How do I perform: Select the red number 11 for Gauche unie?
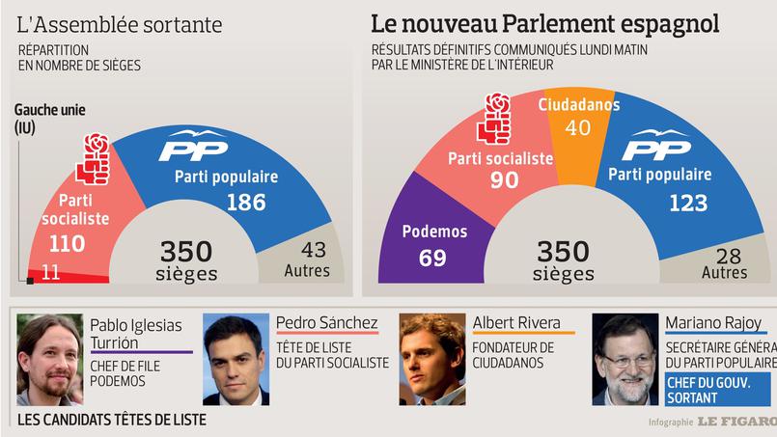pos(51,273)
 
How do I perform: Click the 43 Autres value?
pos(307,250)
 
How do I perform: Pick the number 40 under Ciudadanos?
pos(578,127)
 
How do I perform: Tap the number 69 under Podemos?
pos(433,257)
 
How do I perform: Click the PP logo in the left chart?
pos(194,146)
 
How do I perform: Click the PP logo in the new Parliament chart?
pos(656,146)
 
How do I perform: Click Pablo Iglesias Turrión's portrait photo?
pos(48,360)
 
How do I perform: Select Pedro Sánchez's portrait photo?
pos(236,359)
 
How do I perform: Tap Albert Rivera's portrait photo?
pos(431,359)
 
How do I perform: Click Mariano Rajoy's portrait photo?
pos(625,359)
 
